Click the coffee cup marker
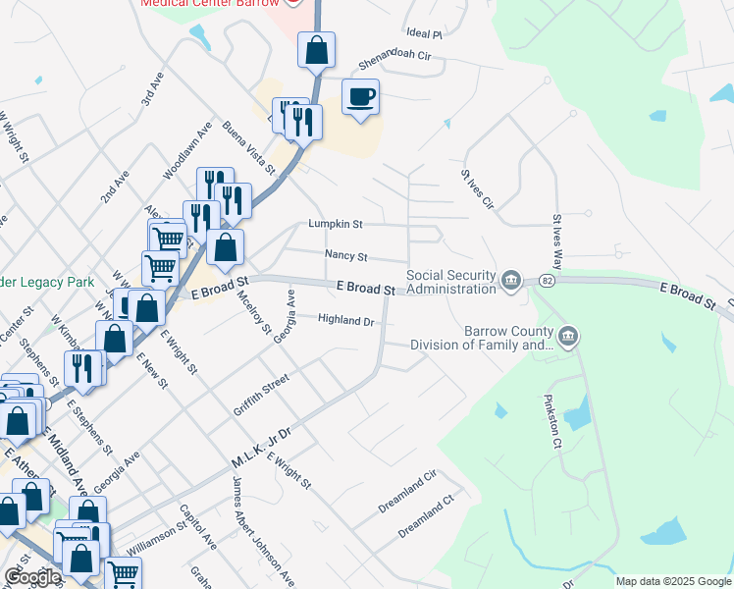click(360, 97)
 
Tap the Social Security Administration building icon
click(511, 282)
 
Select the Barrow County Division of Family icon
click(567, 338)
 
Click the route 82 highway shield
click(545, 281)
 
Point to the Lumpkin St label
click(336, 224)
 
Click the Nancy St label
click(345, 256)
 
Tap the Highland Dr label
click(346, 320)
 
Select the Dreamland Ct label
click(427, 515)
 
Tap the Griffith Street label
click(261, 394)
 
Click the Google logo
click(32, 577)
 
